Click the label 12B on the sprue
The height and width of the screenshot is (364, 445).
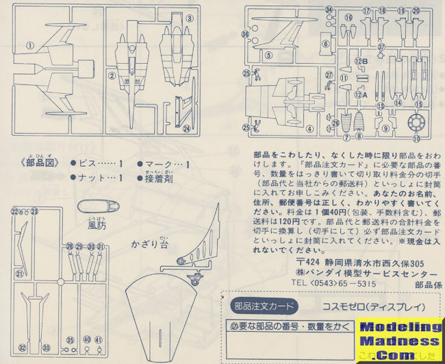pos(361,61)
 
